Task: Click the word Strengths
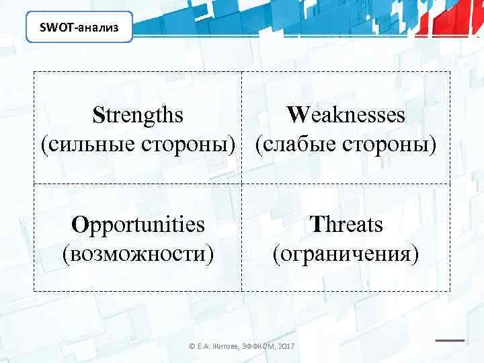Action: [x=138, y=115]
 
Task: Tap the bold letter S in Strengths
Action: [x=98, y=115]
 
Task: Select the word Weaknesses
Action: [x=346, y=115]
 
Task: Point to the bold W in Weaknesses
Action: [x=295, y=115]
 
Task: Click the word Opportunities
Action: [x=138, y=225]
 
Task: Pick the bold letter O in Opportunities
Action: [x=80, y=225]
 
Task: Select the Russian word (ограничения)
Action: [x=346, y=254]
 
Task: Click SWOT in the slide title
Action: [x=58, y=28]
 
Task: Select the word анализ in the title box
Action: [x=99, y=28]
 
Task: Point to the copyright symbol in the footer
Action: [x=192, y=347]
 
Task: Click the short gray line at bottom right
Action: [x=450, y=339]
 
